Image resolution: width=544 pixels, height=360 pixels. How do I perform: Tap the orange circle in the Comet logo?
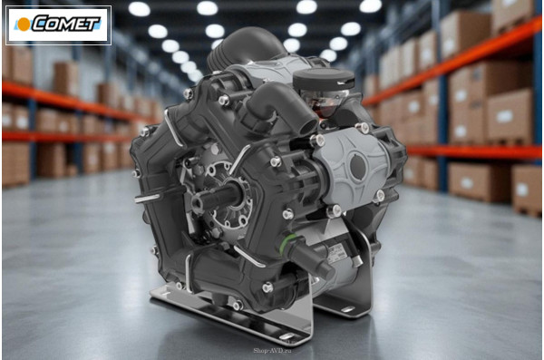24,24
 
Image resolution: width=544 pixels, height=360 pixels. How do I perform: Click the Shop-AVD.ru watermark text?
272,351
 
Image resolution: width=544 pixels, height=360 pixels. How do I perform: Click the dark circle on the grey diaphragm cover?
358,167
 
